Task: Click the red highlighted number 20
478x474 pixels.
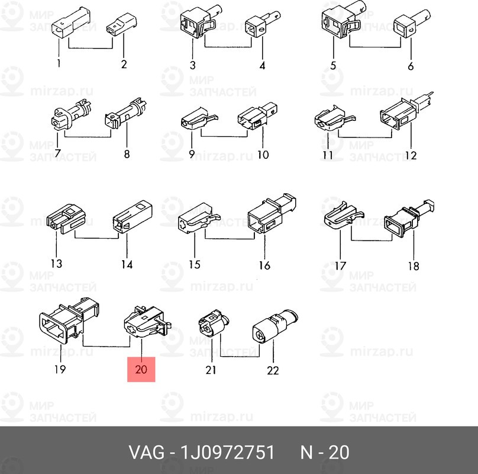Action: (x=141, y=370)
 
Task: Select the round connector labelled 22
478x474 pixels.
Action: (x=273, y=326)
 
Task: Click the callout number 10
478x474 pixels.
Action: (x=262, y=155)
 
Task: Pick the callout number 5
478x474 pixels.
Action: (x=333, y=66)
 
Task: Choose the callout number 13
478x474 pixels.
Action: (x=56, y=264)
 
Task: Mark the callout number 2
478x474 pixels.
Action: (x=124, y=65)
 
